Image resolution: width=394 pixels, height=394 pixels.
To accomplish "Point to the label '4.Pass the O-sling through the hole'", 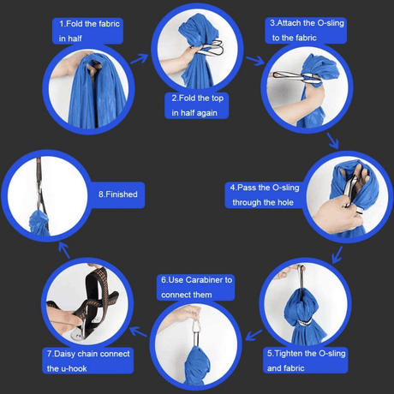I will pyautogui.click(x=264, y=194).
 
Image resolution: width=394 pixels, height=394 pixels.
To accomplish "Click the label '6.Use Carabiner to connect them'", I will pyautogui.click(x=196, y=287).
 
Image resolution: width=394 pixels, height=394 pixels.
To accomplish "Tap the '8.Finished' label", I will pyautogui.click(x=117, y=194).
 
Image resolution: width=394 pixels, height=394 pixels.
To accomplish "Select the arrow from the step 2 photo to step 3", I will pyautogui.click(x=254, y=61).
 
